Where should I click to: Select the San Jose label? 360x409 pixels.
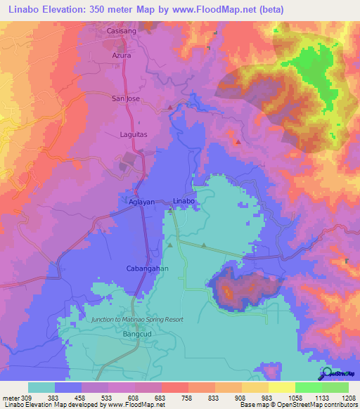tap(127, 99)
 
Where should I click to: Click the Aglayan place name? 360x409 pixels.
tap(132, 201)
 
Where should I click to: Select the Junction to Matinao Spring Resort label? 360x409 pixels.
tap(137, 319)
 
